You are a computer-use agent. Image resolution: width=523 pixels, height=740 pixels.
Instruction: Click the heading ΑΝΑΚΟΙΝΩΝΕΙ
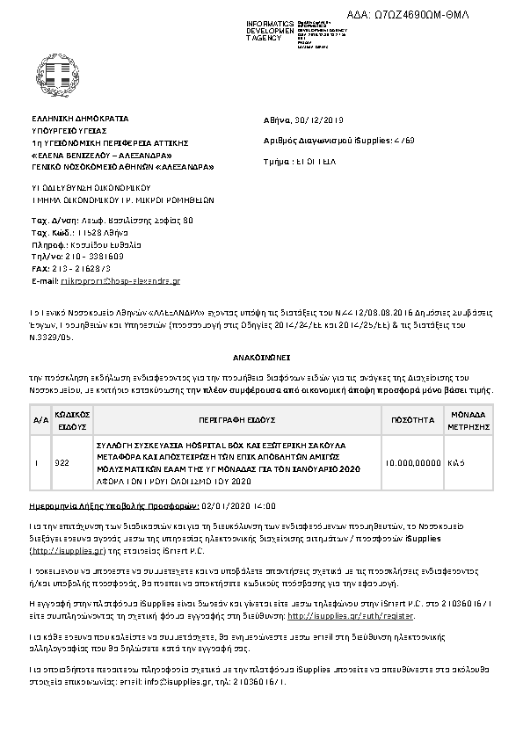click(x=261, y=359)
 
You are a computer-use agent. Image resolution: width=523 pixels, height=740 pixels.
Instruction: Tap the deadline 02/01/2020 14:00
click(x=227, y=507)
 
